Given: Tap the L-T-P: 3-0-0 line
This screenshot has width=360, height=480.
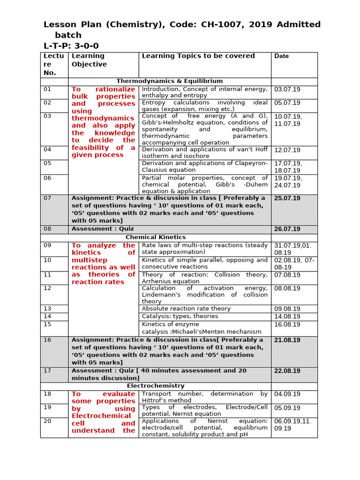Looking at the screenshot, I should click(71, 45).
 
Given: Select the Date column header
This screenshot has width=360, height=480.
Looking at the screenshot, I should click(282, 56).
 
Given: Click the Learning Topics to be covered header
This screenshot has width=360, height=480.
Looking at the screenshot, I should click(198, 56).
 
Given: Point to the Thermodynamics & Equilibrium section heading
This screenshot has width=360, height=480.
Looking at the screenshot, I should click(170, 82).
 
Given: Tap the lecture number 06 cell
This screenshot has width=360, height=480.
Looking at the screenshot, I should click(47, 178).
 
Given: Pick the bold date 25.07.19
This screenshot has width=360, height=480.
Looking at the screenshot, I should click(287, 199).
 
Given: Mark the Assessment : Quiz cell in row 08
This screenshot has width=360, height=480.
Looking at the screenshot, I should click(103, 229).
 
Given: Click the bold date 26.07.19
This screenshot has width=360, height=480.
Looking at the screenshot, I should click(287, 229).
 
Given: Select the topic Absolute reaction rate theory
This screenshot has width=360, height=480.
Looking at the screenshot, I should click(186, 309).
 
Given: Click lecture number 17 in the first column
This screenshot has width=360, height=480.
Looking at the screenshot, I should click(47, 371).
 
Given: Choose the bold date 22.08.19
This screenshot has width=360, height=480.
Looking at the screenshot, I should click(287, 371).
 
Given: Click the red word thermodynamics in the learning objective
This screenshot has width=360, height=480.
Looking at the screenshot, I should click(103, 119).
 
